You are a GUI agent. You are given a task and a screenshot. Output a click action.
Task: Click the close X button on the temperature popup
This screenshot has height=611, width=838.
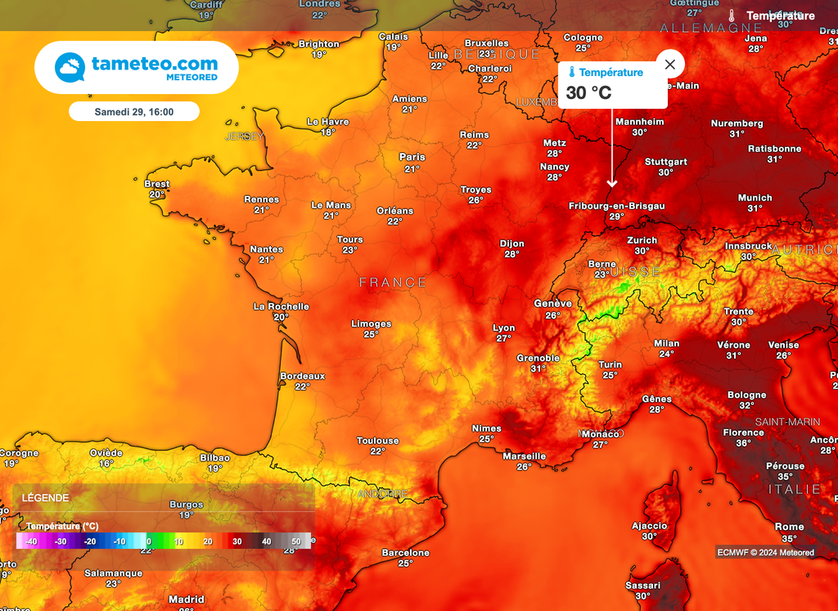[x=670, y=64]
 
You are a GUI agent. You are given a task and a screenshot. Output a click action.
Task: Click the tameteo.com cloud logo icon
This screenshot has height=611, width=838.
[x=70, y=67]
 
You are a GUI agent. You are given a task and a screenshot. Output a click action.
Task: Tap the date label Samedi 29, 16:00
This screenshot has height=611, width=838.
[x=134, y=111]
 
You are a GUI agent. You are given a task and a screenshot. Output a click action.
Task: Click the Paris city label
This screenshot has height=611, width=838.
[x=412, y=157]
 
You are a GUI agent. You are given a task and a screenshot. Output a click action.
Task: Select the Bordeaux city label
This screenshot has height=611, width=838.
[x=302, y=376]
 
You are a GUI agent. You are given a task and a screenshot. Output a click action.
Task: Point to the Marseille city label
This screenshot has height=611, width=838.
[x=524, y=456]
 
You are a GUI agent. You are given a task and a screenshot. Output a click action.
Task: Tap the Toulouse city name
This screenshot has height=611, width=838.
[x=377, y=441]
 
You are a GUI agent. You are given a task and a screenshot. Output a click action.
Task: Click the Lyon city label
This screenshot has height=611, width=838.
[x=504, y=328]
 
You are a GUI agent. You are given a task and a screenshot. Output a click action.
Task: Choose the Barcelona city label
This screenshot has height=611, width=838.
[x=406, y=553]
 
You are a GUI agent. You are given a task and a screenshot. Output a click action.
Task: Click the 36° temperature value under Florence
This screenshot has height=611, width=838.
[x=743, y=443]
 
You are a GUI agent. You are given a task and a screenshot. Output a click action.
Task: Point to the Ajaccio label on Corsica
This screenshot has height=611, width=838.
[x=649, y=526]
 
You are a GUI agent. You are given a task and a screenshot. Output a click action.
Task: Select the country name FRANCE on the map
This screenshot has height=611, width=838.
[x=393, y=282]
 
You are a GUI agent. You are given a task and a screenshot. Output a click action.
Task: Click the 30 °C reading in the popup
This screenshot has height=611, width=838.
[x=588, y=92]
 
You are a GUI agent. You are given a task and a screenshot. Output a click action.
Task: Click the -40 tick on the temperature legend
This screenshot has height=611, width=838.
[x=31, y=541]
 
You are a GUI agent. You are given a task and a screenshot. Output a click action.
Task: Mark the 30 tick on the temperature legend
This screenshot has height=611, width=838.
[x=236, y=541]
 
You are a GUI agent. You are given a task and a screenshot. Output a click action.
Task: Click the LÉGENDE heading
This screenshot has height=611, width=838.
[x=45, y=497]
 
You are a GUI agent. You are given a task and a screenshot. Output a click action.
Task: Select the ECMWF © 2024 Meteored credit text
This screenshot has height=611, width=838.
[x=765, y=552]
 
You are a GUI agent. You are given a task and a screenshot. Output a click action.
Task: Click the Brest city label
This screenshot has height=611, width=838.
[x=157, y=184]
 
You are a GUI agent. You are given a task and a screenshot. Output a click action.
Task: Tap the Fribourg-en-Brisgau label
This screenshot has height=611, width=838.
[x=616, y=206]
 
